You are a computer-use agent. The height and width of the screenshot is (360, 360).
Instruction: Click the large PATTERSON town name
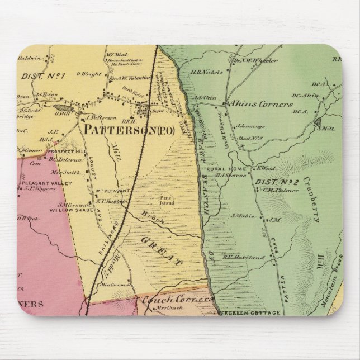click(x=120, y=130)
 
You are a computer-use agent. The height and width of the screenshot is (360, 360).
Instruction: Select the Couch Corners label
click(x=177, y=300)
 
